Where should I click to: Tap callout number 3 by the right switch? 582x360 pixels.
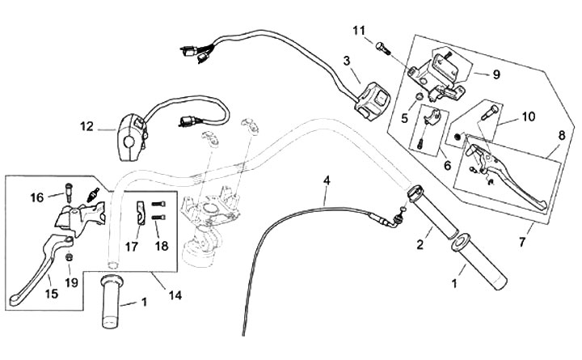click(x=346, y=61)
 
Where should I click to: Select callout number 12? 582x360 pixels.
click(x=86, y=126)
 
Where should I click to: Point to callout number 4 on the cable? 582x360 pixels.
click(x=327, y=180)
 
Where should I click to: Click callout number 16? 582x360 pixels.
click(x=37, y=197)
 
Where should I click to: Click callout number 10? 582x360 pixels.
click(x=528, y=116)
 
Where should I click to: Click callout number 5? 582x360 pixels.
click(x=406, y=117)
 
